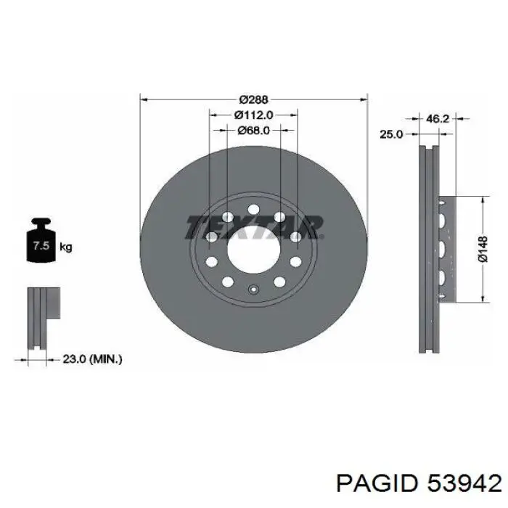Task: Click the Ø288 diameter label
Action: click(253, 99)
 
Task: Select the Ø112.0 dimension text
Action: click(253, 115)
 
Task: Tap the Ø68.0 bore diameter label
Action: click(253, 131)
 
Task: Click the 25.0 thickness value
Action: click(391, 134)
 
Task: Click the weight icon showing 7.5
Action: click(41, 245)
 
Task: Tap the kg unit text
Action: click(66, 247)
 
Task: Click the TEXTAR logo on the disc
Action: click(253, 226)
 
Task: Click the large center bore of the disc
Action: click(253, 250)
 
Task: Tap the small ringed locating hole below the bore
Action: click(253, 291)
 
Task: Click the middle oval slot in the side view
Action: click(441, 249)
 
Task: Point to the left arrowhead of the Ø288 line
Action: click(143, 99)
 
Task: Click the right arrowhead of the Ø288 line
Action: click(364, 99)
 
